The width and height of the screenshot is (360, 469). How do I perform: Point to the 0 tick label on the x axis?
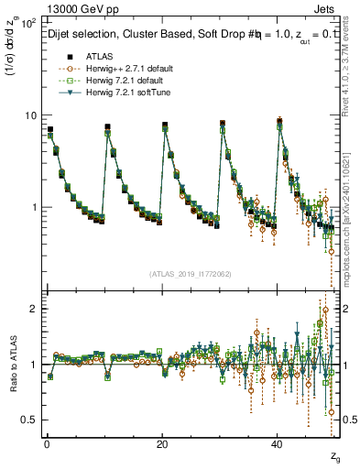point(46,442)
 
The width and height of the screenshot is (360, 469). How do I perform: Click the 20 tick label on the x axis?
point(161,442)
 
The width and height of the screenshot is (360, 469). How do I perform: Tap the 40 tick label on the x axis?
point(277,442)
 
